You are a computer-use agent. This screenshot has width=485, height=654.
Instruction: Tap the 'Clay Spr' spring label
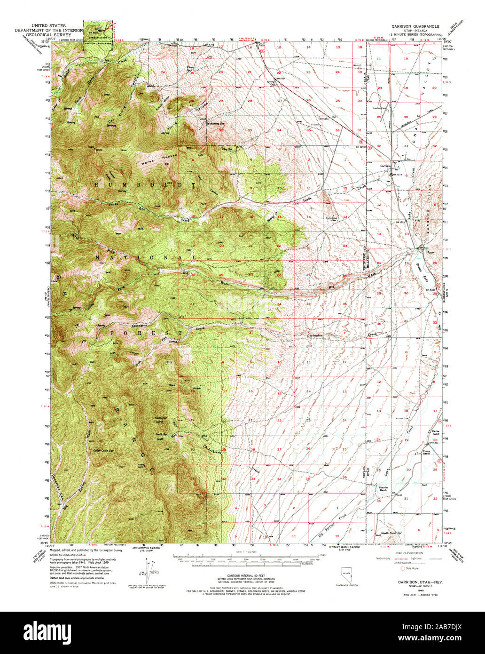pyautogui.click(x=227, y=149)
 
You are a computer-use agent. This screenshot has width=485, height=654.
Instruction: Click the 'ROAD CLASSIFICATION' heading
pyautogui.click(x=407, y=553)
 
